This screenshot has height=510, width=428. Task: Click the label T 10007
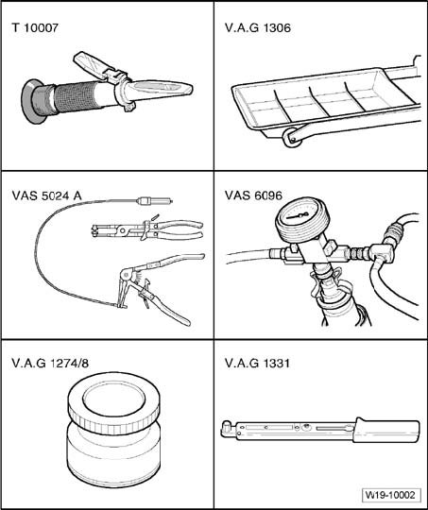point(35,27)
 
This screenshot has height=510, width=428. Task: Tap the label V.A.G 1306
point(258,27)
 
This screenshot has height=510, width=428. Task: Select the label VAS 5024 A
point(46,195)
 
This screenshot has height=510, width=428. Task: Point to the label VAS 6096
point(253,195)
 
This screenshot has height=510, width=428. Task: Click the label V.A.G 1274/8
point(50,363)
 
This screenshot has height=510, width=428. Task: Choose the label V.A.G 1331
point(257,363)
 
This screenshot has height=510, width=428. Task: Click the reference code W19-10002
point(390,496)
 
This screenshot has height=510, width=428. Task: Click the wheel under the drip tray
point(292,138)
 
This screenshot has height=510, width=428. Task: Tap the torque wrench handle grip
point(385,431)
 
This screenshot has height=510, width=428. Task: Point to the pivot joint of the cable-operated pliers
point(125,275)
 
